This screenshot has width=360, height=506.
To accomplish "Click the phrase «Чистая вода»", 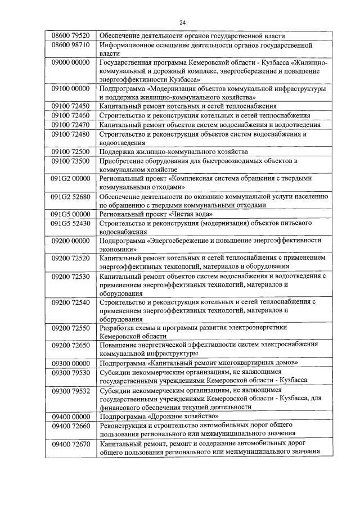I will (189, 214).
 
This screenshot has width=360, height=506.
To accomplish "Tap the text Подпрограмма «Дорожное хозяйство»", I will (159, 416).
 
